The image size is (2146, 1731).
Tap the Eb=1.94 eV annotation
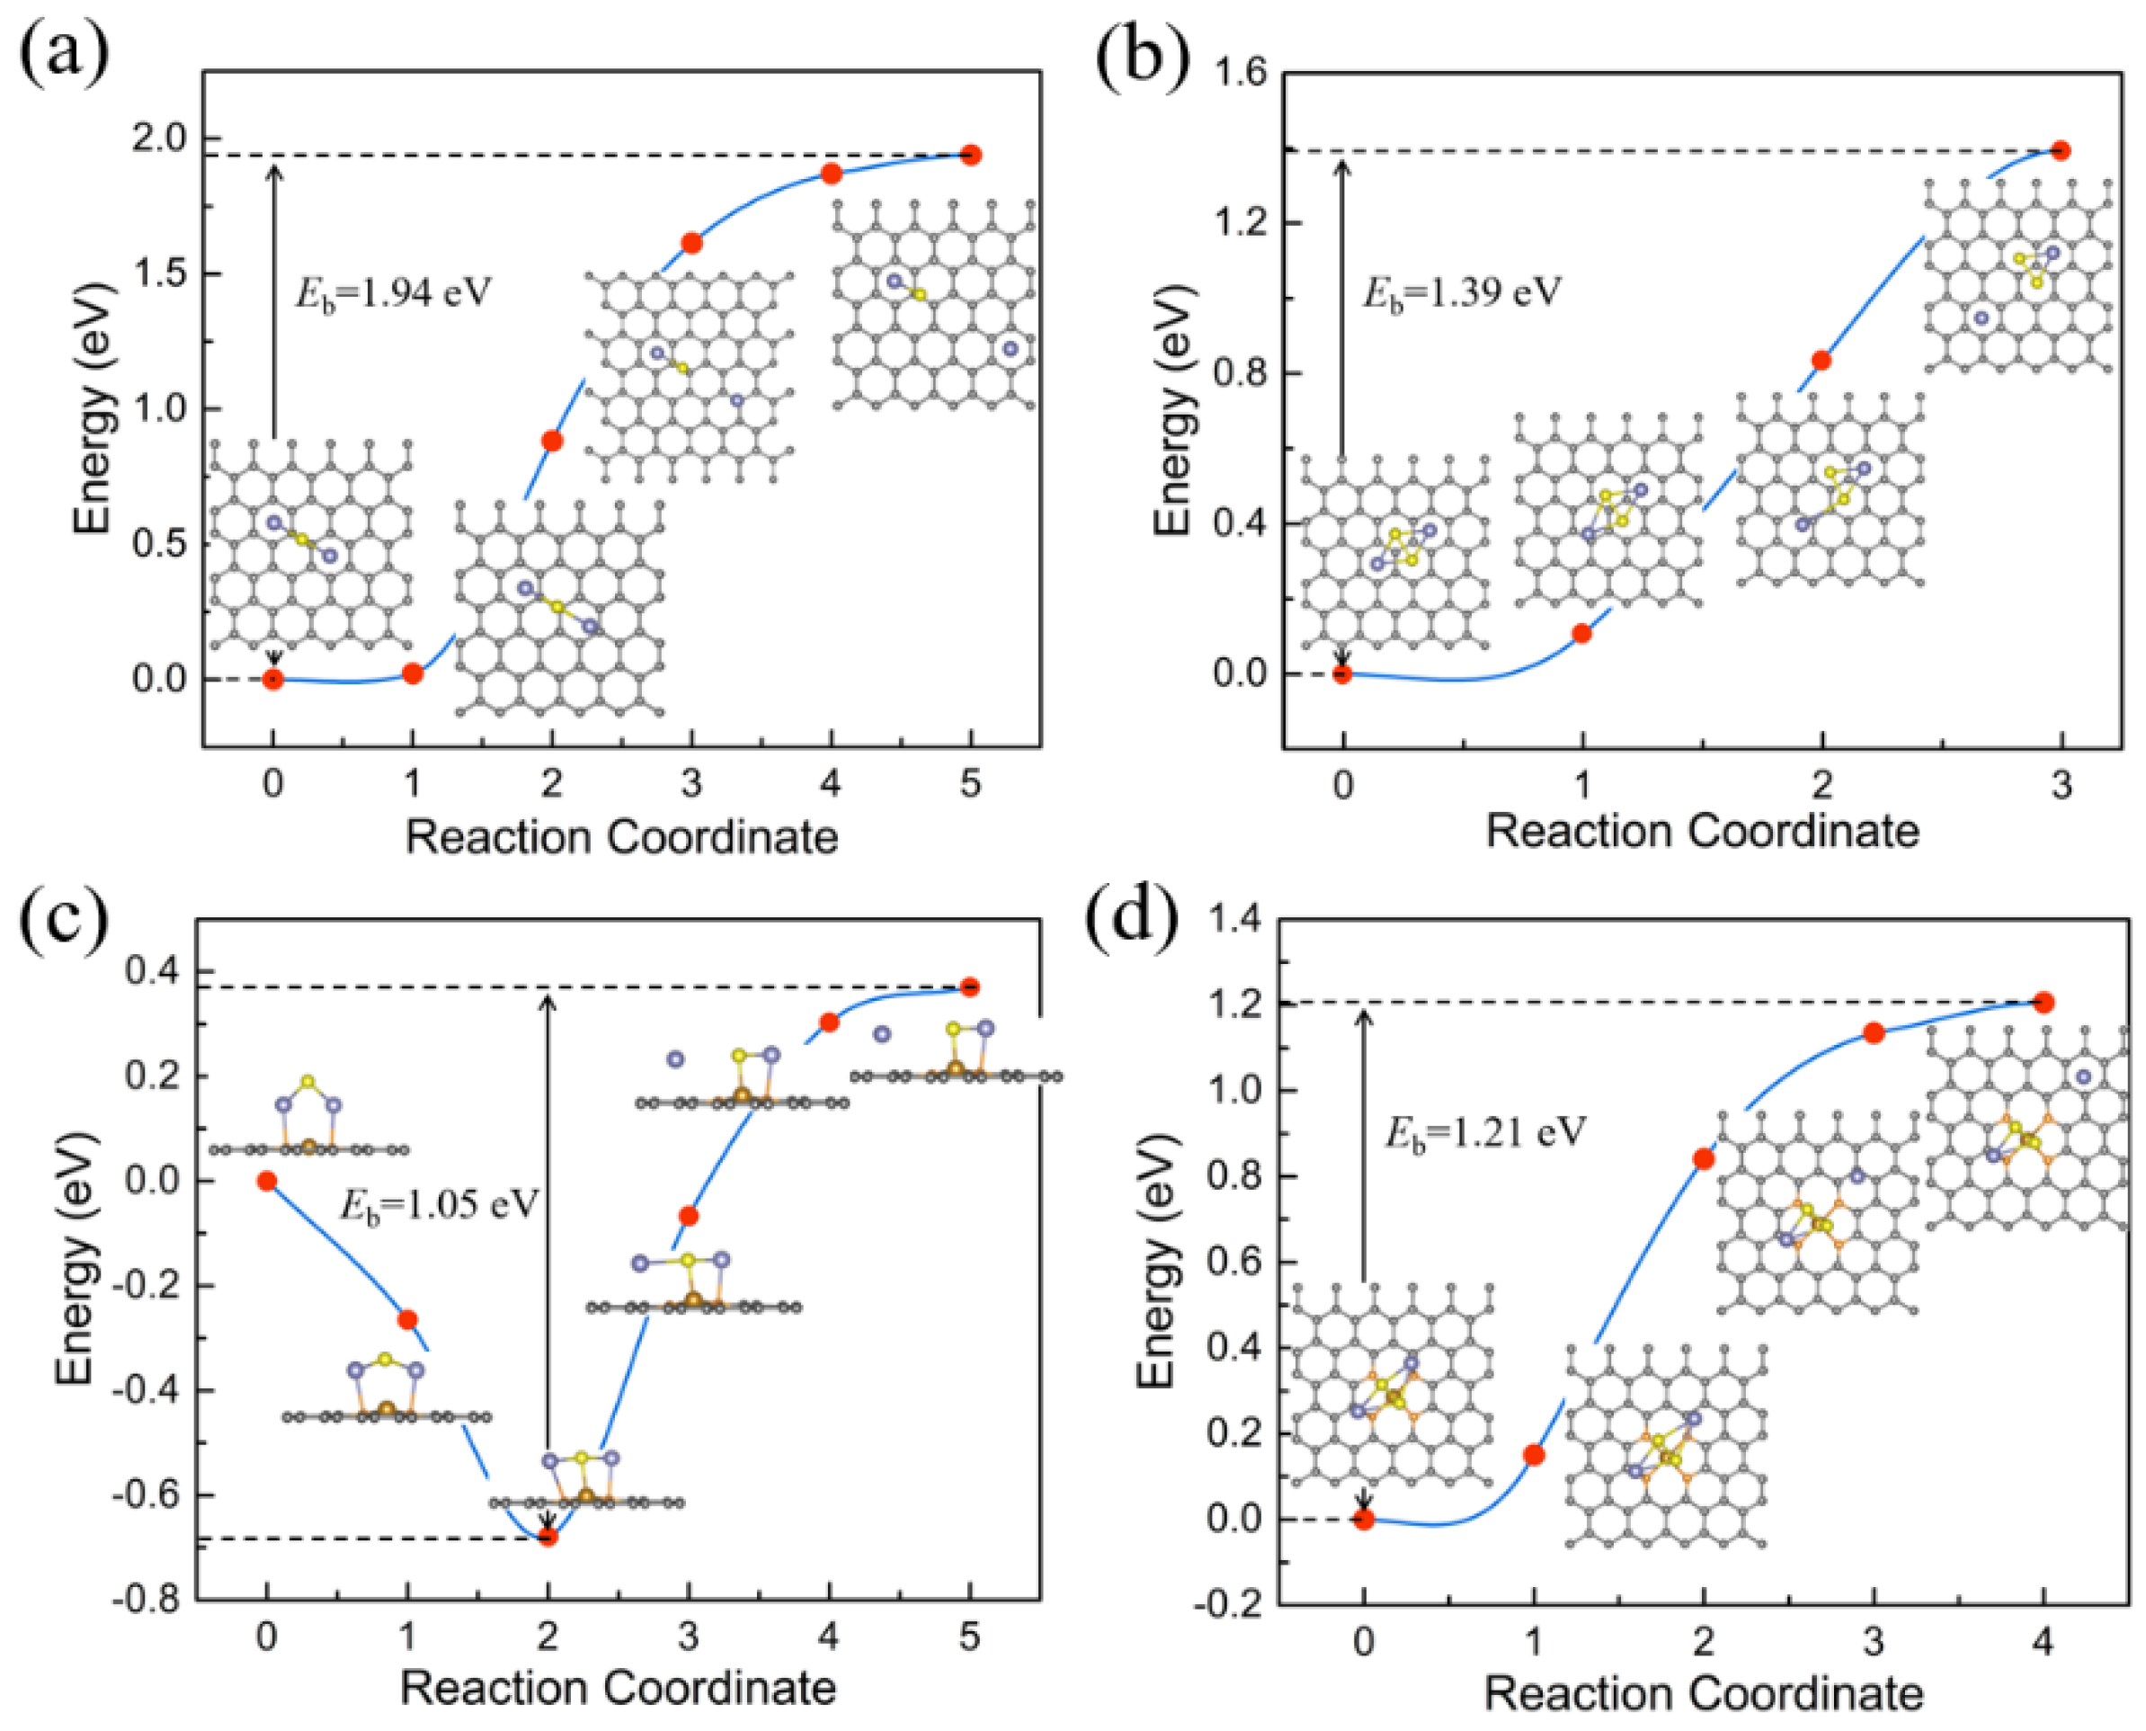tap(394, 293)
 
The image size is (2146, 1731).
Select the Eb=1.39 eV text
tap(1461, 293)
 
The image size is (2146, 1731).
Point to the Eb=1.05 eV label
tap(440, 1206)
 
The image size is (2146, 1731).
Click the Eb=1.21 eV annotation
tap(1484, 1134)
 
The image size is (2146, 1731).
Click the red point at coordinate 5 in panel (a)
tap(971, 155)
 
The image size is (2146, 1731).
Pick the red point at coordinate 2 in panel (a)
tap(552, 441)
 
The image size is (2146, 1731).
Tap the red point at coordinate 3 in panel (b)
tap(2061, 150)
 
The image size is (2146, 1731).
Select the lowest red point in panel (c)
tap(548, 1536)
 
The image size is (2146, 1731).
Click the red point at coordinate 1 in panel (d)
tap(1534, 1455)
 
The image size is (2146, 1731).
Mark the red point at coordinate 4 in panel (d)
tap(2044, 1002)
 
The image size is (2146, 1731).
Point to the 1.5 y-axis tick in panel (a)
tap(159, 274)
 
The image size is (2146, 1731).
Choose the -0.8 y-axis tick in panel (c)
tap(146, 1601)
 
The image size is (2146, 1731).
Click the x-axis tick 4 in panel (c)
tap(828, 1638)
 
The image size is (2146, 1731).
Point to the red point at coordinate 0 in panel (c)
tap(266, 1181)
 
